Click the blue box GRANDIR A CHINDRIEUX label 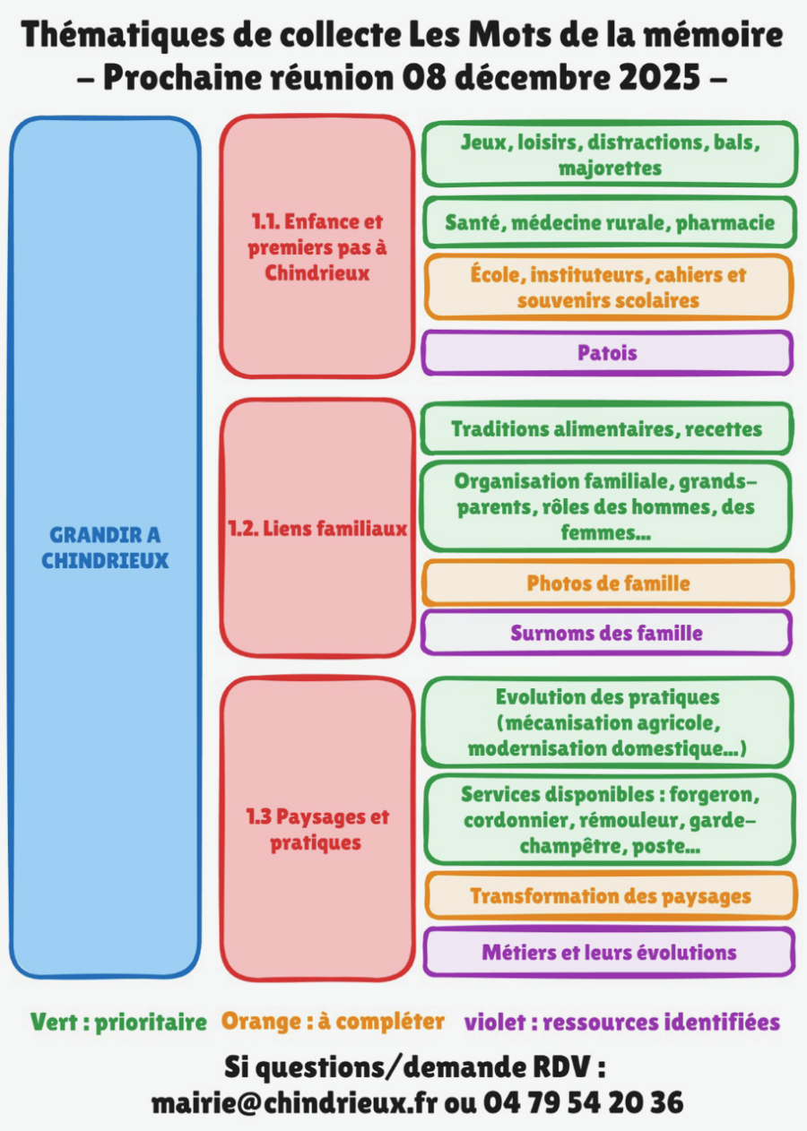click(105, 548)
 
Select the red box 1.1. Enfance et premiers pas click(317, 246)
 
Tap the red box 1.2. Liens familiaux click(317, 529)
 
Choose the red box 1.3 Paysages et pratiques click(317, 830)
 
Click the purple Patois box click(607, 353)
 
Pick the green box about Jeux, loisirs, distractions click(609, 154)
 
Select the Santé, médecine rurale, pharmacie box click(609, 221)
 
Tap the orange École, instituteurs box click(609, 287)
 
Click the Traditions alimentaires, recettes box click(607, 428)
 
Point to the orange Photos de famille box click(607, 583)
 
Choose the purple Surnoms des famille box click(607, 633)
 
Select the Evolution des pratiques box click(607, 722)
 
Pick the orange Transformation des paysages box click(610, 896)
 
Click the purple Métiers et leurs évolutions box click(609, 952)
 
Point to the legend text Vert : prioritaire click(118, 1022)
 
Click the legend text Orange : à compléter click(333, 1022)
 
